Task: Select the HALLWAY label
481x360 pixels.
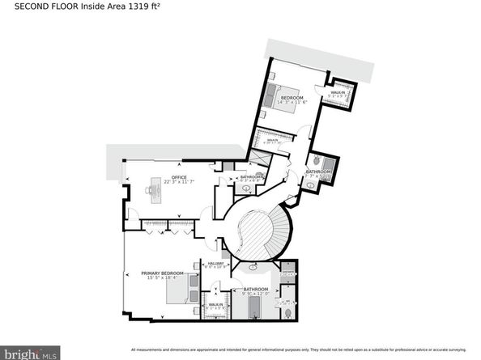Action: pos(215,262)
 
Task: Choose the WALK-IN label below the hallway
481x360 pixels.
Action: pos(215,304)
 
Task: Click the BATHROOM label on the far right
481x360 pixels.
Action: pos(318,171)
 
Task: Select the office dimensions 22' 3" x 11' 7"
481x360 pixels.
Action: pos(179,182)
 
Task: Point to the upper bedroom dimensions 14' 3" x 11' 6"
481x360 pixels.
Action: pos(291,102)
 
